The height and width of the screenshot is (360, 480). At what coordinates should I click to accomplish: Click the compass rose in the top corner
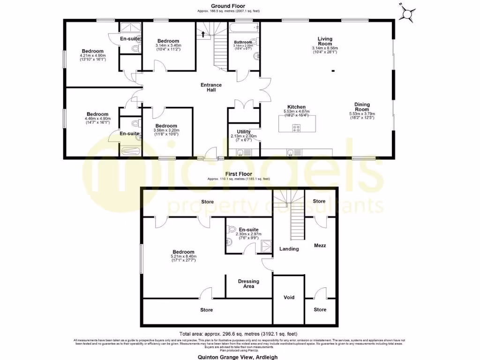(408, 14)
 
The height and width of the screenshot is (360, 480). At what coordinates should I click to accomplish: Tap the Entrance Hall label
(211, 88)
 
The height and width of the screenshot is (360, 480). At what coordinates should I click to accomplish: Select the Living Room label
(324, 41)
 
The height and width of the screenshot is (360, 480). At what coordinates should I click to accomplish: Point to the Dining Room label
(362, 107)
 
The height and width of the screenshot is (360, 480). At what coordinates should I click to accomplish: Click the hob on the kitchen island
(297, 127)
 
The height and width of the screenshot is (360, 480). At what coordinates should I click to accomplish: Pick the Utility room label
(244, 132)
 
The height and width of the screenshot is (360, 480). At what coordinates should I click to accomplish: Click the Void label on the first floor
(289, 298)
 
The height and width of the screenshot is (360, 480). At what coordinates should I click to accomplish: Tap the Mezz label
(320, 246)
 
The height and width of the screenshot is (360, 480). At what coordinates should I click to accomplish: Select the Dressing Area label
(248, 284)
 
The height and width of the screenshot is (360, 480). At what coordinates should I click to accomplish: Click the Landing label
(289, 249)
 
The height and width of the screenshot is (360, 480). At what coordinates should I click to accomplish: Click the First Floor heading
(240, 173)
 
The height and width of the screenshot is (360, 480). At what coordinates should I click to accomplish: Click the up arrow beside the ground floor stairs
(202, 34)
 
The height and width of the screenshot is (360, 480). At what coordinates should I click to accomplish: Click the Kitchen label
(297, 107)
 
